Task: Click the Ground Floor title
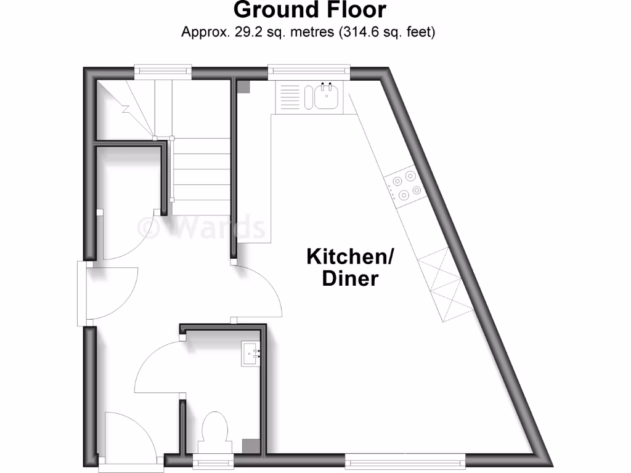(x=310, y=10)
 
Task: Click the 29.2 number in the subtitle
(x=241, y=32)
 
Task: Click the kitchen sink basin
(x=326, y=96)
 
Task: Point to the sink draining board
(x=290, y=97)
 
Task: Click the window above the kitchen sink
(x=309, y=72)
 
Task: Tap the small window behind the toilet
(x=214, y=460)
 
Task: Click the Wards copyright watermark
(x=202, y=227)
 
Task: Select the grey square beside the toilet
(x=250, y=445)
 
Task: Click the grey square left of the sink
(x=244, y=87)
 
